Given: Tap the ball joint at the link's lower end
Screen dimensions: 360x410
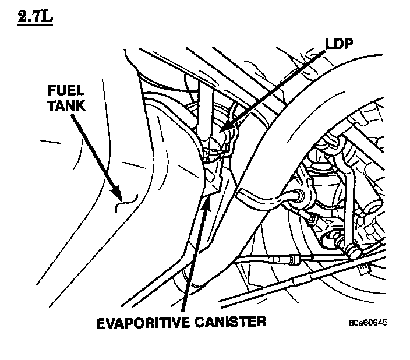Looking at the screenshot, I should point(351,251).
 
